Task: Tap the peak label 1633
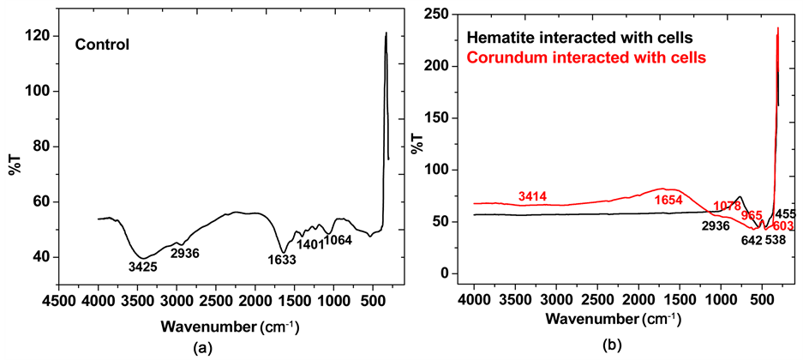(x=279, y=260)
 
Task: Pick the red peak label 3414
(x=535, y=198)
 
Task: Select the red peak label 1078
(x=728, y=207)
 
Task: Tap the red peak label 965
(x=752, y=215)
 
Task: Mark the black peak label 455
(x=787, y=213)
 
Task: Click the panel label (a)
(x=203, y=347)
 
